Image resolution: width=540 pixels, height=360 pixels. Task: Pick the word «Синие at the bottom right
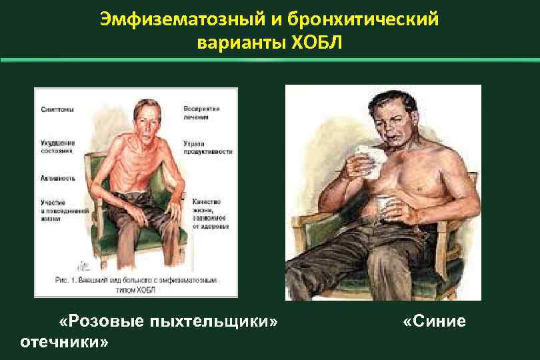[435, 322]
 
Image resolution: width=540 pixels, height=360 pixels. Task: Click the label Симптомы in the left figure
[57, 109]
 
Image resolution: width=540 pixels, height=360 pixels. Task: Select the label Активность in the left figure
[59, 179]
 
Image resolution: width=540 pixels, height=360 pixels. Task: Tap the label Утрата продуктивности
[209, 147]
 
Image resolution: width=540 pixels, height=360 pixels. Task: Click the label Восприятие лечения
[201, 112]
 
